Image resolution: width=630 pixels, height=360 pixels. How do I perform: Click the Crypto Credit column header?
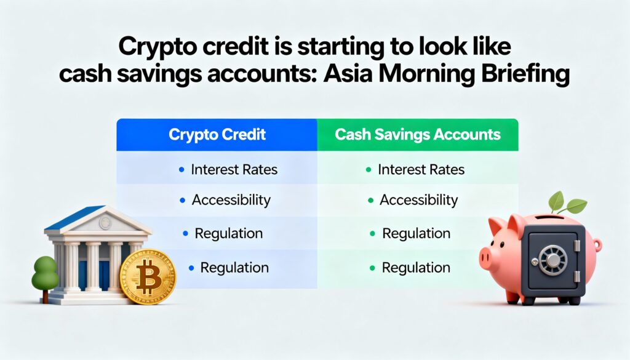point(217,135)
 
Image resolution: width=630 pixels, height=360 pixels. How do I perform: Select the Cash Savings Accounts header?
point(418,135)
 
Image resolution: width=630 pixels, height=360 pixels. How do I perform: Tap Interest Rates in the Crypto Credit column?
point(234,170)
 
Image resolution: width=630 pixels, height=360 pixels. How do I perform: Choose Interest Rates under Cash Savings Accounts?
point(421,170)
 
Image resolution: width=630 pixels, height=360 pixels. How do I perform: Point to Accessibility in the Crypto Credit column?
point(231,200)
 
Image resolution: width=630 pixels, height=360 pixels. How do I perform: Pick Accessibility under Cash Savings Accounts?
point(418,200)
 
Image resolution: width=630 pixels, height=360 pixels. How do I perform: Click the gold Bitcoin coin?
point(148,276)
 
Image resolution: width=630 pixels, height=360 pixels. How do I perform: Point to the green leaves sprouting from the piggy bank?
point(566,202)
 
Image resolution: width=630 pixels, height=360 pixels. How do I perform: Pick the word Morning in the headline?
point(426,74)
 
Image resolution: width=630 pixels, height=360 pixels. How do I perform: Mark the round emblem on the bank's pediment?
point(105,222)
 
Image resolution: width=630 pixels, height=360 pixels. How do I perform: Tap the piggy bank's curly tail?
point(597,245)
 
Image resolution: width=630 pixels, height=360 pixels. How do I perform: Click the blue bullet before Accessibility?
point(183,200)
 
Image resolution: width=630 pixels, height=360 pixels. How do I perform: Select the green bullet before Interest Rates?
point(369,170)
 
